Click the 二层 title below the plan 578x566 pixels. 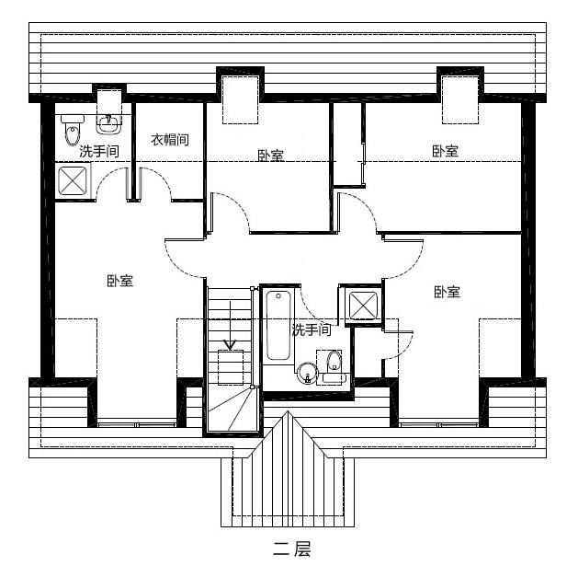pos(291,549)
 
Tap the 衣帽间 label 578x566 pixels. pos(170,140)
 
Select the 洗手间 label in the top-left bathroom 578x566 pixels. pos(98,151)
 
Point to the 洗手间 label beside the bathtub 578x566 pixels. pos(312,329)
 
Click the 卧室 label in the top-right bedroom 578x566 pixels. pos(446,151)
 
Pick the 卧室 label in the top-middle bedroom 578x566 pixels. pos(270,156)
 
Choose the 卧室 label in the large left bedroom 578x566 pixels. pos(119,281)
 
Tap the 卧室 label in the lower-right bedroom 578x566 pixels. pos(447,292)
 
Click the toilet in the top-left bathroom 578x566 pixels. pos(73,132)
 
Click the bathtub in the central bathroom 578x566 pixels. pos(276,327)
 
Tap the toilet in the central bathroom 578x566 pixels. pos(333,364)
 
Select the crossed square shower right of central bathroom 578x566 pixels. pos(359,306)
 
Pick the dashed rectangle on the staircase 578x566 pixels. pos(229,365)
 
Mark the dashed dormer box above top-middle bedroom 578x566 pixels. pos(241,99)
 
